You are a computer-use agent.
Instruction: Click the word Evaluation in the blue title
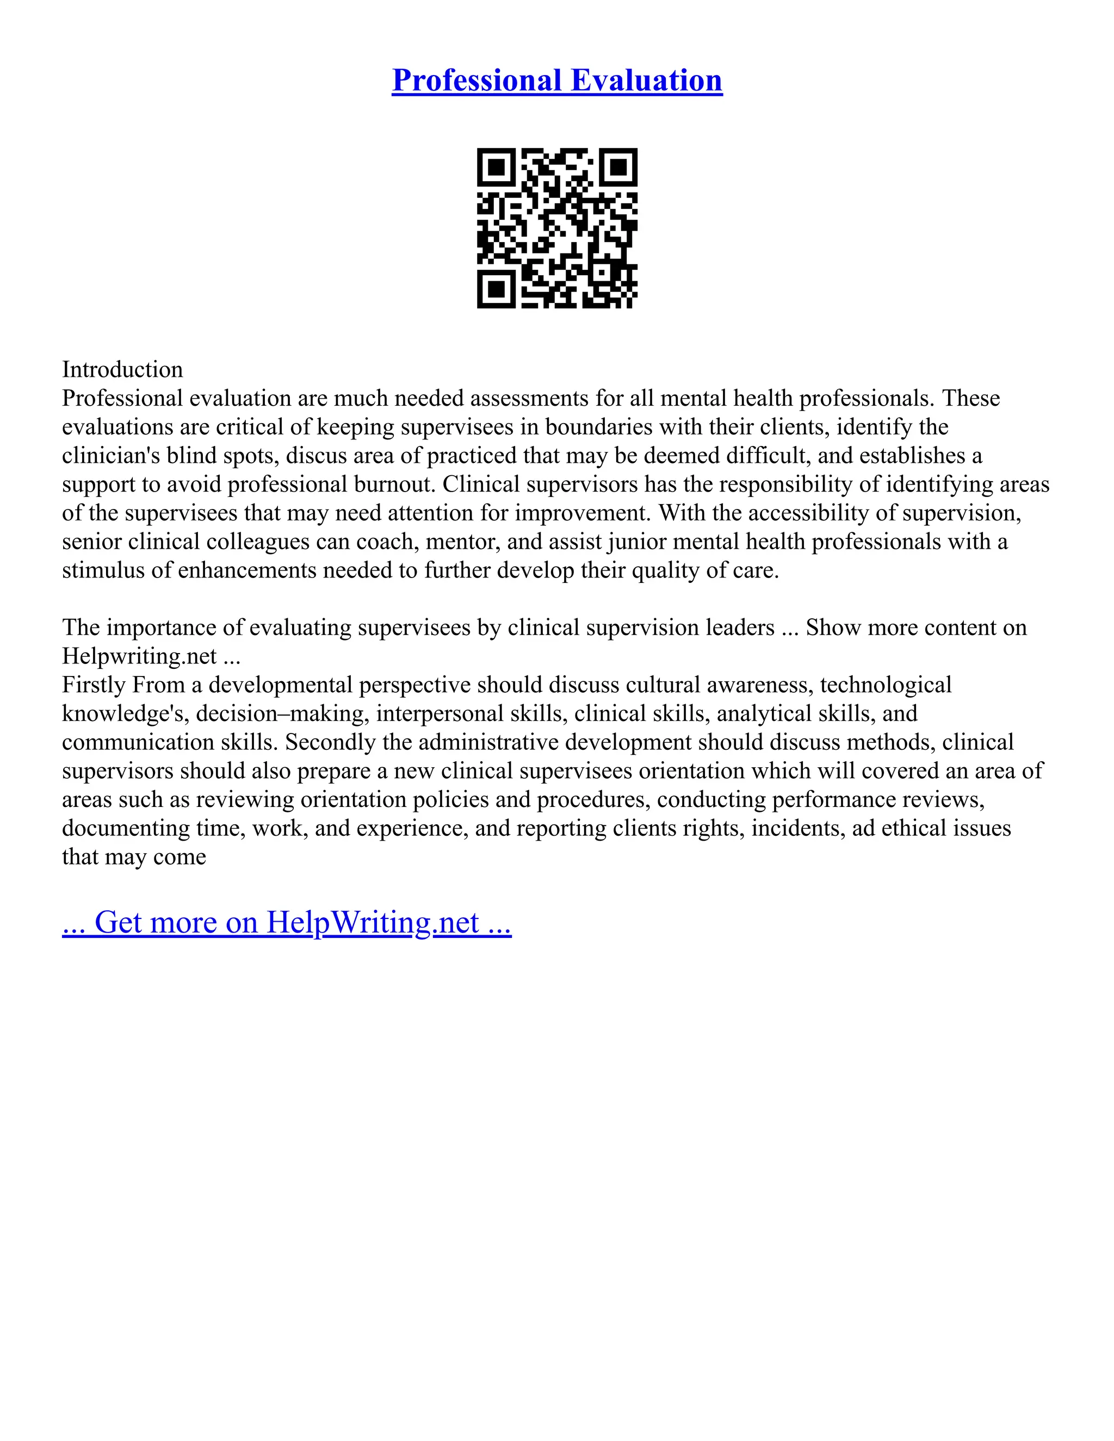[x=646, y=80]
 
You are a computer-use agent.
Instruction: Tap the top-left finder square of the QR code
[x=496, y=167]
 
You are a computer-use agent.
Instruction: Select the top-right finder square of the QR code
[x=618, y=167]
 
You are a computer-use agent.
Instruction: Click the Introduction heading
[x=122, y=369]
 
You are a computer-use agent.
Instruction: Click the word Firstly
[x=94, y=685]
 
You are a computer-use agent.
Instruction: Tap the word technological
[x=886, y=685]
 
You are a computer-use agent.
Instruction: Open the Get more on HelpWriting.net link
[x=287, y=922]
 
